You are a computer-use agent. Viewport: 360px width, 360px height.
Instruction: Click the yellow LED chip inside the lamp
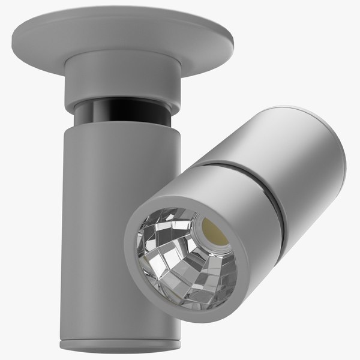pyautogui.click(x=215, y=232)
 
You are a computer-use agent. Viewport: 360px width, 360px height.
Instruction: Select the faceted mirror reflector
pyautogui.click(x=174, y=258)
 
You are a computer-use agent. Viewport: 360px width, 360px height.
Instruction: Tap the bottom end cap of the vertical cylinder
pyautogui.click(x=120, y=347)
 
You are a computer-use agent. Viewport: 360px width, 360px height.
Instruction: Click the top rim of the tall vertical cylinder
pyautogui.click(x=120, y=125)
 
